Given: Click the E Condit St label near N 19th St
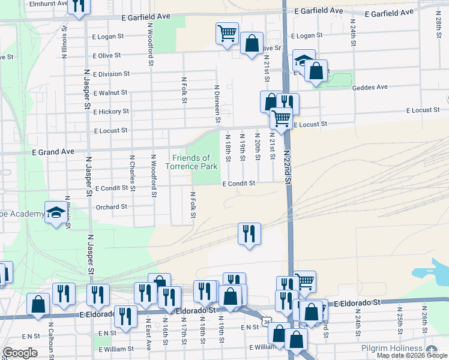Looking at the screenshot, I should [x=240, y=184].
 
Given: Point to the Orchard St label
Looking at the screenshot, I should [x=112, y=207].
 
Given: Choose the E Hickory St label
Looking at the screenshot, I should [x=110, y=112].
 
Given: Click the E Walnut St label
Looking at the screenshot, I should [x=109, y=93].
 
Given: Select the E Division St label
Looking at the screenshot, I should [x=110, y=74].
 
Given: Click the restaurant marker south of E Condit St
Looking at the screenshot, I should [x=249, y=233].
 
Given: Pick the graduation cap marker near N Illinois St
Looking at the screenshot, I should [x=56, y=214].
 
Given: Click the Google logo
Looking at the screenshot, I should [x=20, y=353].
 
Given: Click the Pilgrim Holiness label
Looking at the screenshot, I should [x=392, y=349].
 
